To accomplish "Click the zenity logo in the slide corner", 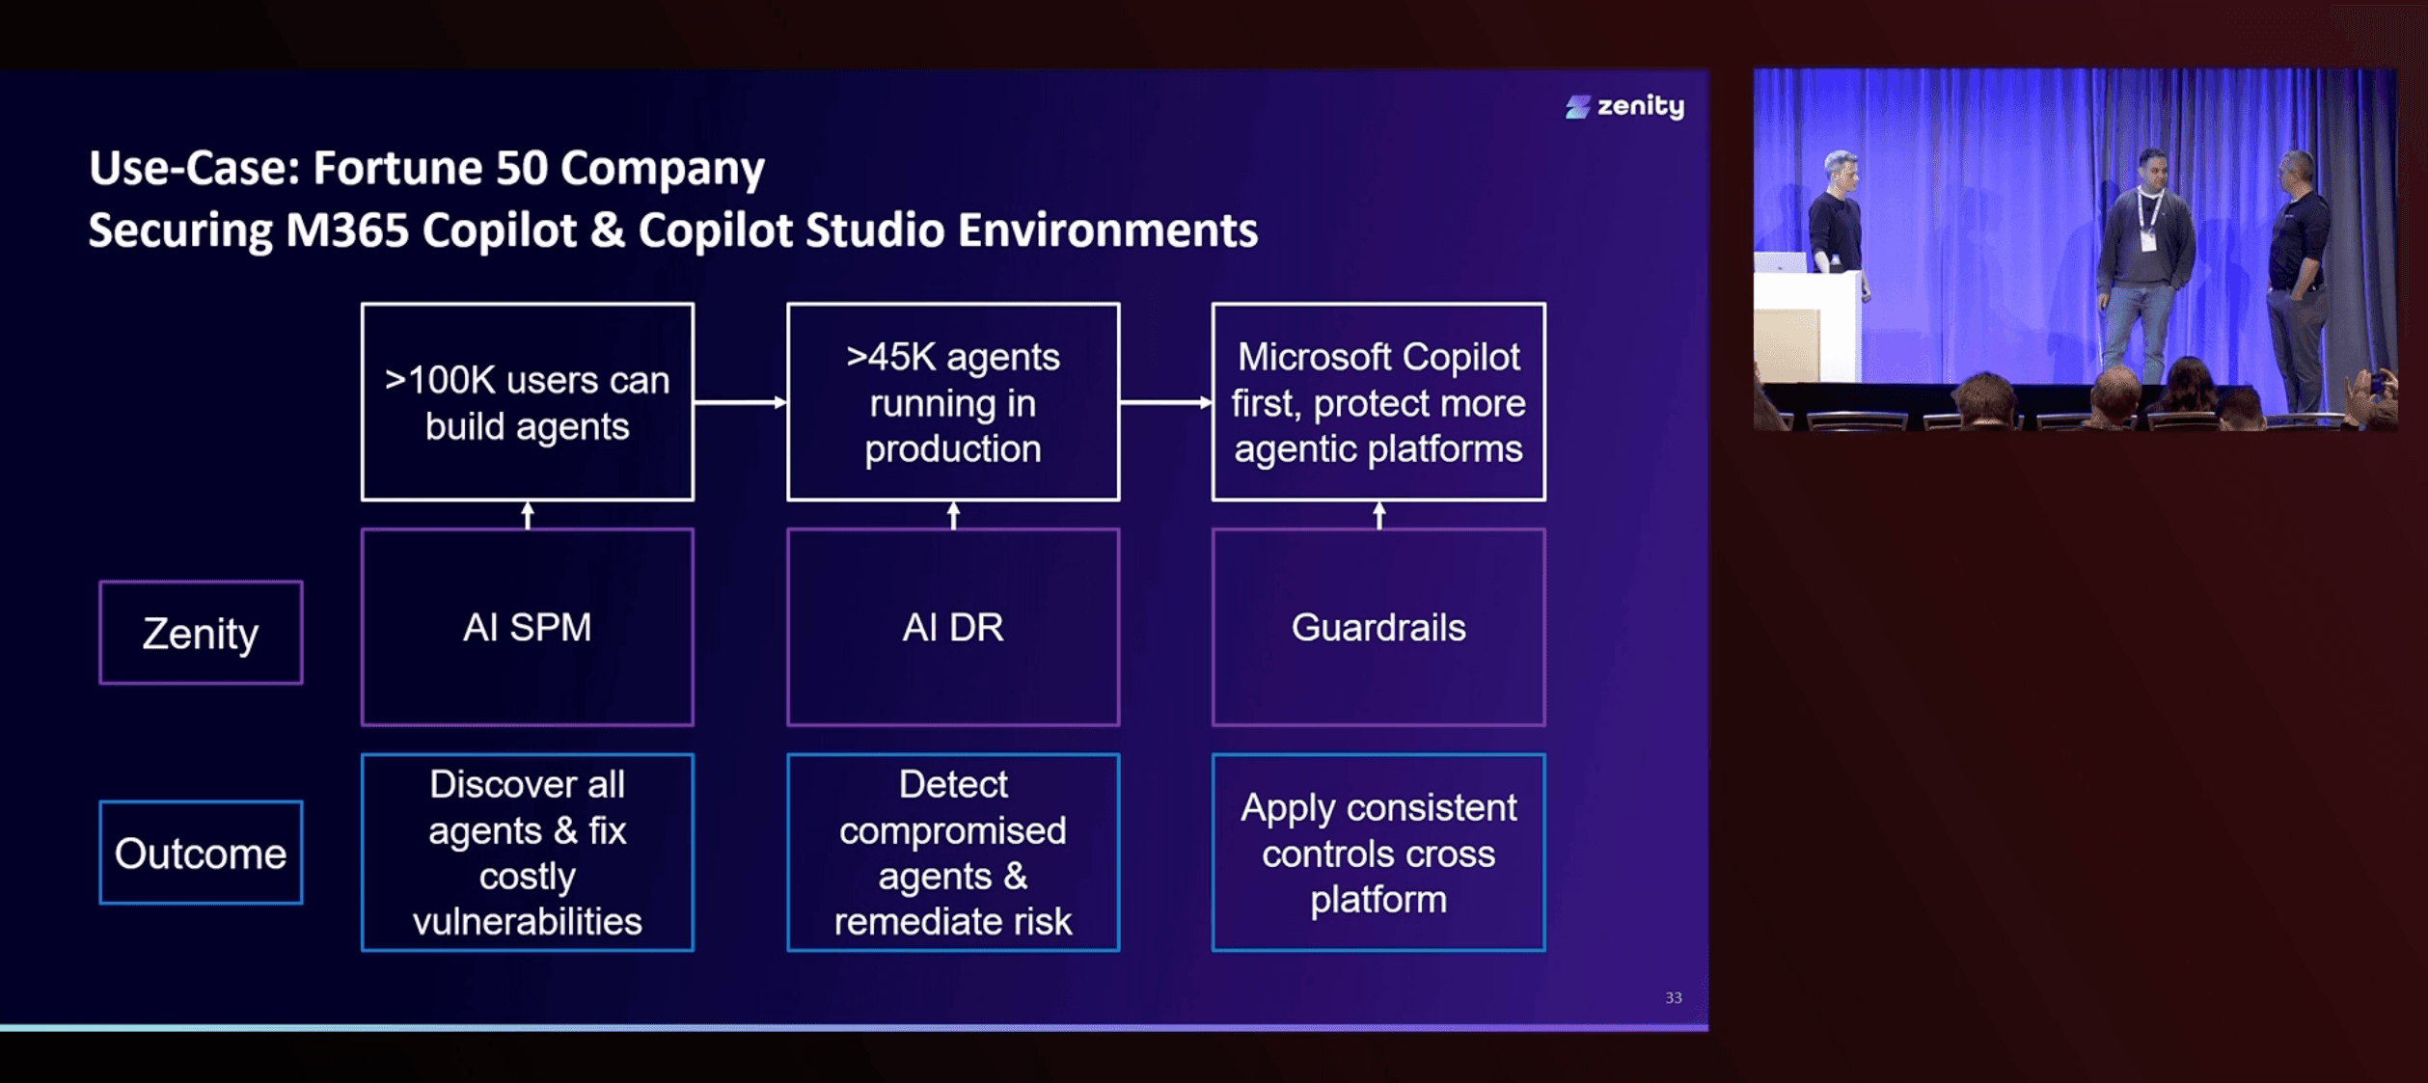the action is click(1624, 106).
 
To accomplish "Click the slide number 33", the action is click(1674, 998).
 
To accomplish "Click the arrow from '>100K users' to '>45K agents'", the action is click(741, 402).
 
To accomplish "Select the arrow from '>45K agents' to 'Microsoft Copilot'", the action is click(1166, 402).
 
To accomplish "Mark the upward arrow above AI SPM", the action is click(528, 515).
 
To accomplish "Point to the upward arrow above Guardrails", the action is click(1379, 515).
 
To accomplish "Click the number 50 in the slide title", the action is click(521, 168).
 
